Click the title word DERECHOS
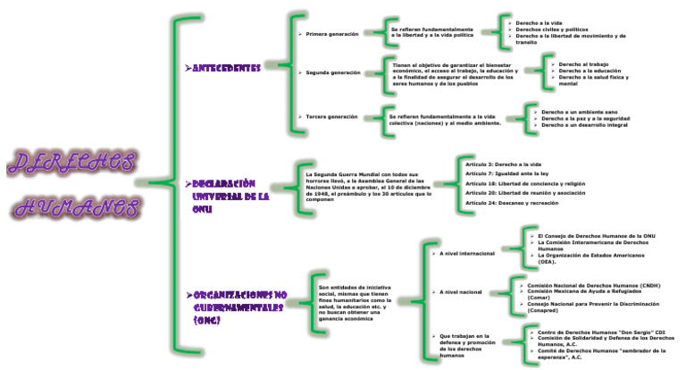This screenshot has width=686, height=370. coord(71,164)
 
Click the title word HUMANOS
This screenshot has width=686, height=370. coord(79,209)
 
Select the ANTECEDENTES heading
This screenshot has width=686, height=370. coord(228,68)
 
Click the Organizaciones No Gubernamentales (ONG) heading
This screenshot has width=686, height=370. coord(238,307)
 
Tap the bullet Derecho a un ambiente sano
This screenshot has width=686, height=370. coord(580,112)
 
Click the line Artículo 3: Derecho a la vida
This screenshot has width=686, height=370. coord(504,164)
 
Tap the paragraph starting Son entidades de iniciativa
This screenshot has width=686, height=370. coord(355,302)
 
